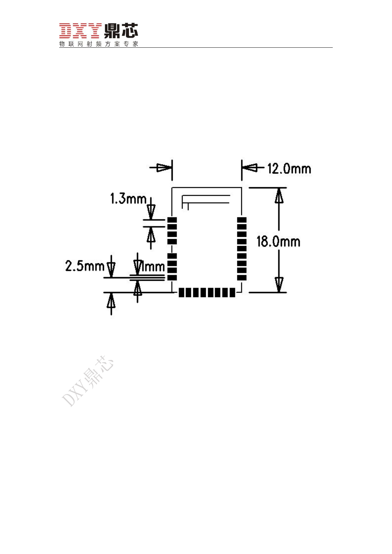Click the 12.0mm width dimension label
(289, 169)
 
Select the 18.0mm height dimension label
(278, 242)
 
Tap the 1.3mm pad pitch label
(128, 199)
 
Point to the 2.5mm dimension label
(85, 266)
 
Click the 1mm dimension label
(152, 266)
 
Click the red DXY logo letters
(80, 31)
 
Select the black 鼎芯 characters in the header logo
(121, 31)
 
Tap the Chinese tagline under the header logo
(99, 44)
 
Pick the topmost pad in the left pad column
(172, 220)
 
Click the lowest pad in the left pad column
(172, 278)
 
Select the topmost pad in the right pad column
(242, 220)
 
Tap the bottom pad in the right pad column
(242, 278)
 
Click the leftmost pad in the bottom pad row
(182, 292)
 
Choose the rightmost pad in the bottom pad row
(232, 292)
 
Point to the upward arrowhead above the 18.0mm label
(279, 196)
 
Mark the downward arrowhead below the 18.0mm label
(279, 284)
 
